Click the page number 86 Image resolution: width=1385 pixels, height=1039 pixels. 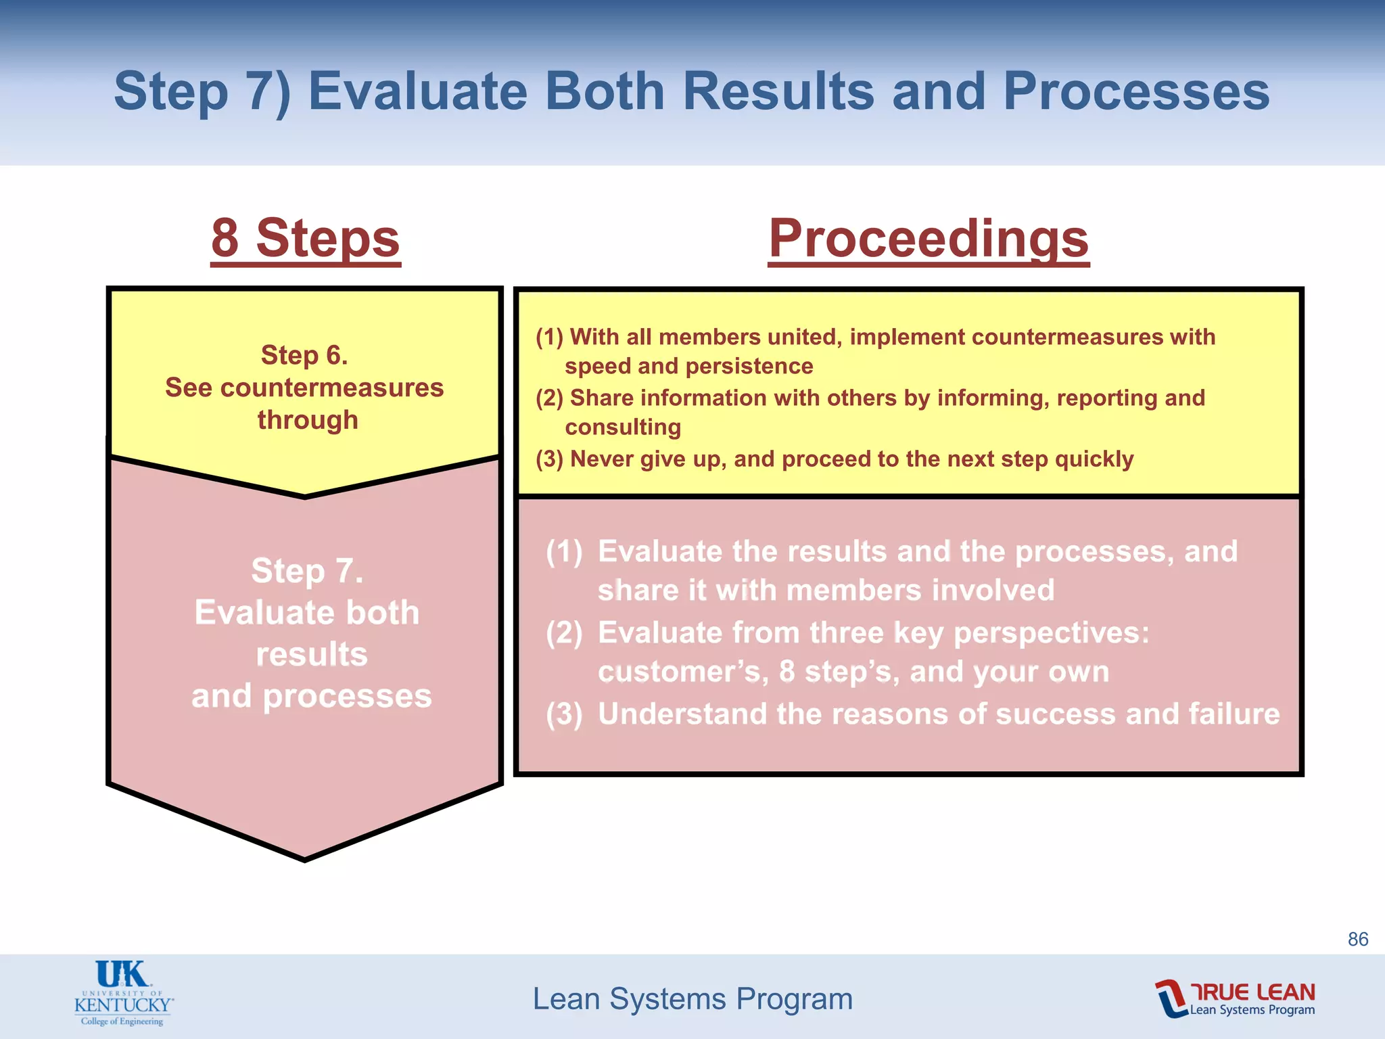click(1357, 939)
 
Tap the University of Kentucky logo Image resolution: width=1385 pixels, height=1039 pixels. click(123, 992)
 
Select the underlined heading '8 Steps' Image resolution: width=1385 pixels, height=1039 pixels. click(306, 238)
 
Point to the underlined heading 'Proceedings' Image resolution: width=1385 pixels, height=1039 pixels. click(929, 238)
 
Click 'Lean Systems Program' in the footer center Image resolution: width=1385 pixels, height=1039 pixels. click(692, 998)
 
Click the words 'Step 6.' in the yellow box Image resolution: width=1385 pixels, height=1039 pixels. click(304, 355)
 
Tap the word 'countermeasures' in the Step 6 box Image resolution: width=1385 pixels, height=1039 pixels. click(331, 388)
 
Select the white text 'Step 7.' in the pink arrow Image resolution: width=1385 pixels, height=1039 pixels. click(307, 570)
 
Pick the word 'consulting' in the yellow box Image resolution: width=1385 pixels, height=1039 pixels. click(623, 427)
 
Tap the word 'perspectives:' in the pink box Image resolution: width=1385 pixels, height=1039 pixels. click(1051, 633)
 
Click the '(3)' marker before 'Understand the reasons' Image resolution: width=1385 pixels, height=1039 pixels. click(564, 714)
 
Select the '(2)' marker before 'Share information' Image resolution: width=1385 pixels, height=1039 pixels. click(549, 398)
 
